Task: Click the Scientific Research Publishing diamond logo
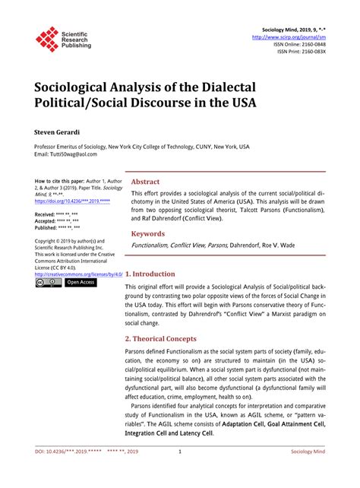47,39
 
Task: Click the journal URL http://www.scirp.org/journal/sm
288,36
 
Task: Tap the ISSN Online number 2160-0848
311,44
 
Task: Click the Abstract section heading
145,182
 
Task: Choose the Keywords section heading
148,234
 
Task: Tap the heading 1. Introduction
150,274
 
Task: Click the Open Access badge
81,282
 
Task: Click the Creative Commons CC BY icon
49,282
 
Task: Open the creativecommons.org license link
79,273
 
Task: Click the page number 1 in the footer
179,472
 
